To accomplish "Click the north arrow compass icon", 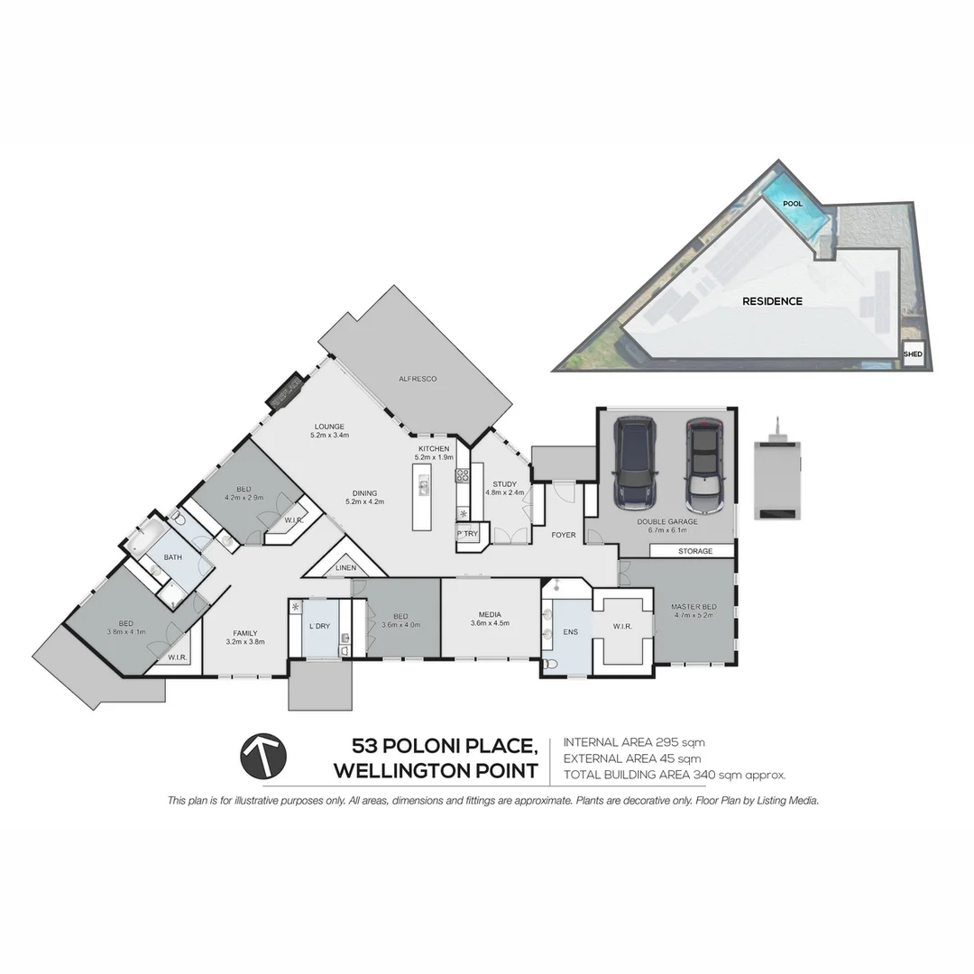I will tap(263, 756).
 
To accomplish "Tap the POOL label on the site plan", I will tap(793, 204).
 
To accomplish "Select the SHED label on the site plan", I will tap(913, 354).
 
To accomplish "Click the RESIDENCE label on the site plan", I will tap(772, 301).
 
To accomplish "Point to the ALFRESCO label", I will tap(418, 379).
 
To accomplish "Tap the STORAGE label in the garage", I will tap(695, 551).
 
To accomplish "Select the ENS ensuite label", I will tap(571, 632).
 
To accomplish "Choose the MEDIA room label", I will tap(491, 613).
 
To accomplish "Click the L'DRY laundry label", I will tap(319, 626).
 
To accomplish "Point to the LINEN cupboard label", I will tap(345, 568).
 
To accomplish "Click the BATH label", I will tap(172, 557).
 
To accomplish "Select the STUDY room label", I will tap(504, 484).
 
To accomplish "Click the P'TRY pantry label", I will tap(467, 535).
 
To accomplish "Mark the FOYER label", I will tap(564, 535).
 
